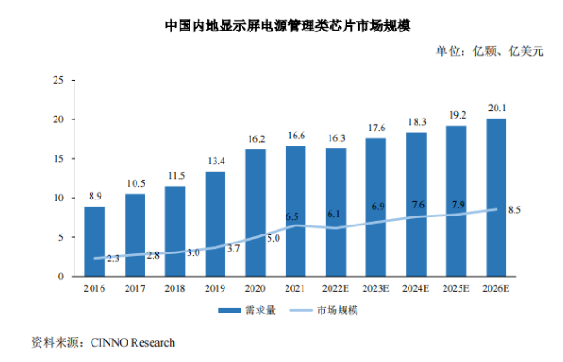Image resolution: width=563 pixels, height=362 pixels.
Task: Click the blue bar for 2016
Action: pos(94,241)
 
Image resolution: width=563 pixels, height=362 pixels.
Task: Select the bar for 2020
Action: pos(255,212)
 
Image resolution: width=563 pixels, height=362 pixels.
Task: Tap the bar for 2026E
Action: pos(496,197)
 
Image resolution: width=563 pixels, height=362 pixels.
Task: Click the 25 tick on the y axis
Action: pos(57,80)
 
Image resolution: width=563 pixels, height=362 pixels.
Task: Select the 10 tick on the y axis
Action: pos(57,198)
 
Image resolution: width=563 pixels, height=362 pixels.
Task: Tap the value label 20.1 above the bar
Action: pos(496,109)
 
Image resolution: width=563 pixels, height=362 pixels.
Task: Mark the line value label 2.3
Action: pos(113,258)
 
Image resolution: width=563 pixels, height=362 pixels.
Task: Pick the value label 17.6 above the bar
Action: pos(375,128)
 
